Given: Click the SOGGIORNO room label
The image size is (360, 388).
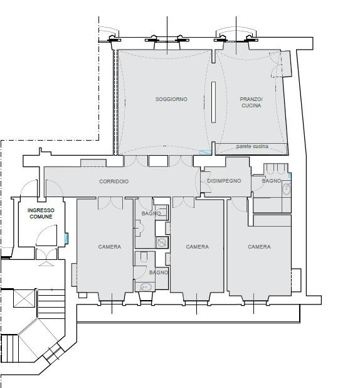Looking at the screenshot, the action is (171, 99).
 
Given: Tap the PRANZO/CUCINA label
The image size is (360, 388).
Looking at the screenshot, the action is (251, 102).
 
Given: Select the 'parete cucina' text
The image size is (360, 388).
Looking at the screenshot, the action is (252, 146).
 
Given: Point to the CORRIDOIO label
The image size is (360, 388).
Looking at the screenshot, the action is (114, 181).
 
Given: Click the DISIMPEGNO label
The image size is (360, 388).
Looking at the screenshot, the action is (224, 181).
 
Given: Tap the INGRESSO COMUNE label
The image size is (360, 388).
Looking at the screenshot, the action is (41, 213).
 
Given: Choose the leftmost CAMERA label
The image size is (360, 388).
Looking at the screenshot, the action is (110, 247).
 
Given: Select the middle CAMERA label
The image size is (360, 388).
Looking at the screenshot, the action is (198, 247).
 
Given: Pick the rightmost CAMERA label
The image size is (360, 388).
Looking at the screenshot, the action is (259, 247).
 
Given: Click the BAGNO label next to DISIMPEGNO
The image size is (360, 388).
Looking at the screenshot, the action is (272, 181).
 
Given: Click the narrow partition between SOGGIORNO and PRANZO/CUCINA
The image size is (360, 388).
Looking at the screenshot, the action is (213, 102).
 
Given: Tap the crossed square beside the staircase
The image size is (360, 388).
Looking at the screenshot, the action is (24, 299).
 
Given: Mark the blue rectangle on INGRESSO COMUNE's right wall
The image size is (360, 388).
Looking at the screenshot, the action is (66, 238).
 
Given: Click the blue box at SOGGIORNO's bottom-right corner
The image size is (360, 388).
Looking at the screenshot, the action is (205, 153).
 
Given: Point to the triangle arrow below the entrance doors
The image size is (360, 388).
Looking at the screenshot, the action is (46, 264).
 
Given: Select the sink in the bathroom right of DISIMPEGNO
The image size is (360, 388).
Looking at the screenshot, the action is (287, 188).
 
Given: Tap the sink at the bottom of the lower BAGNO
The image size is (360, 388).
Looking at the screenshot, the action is (146, 287).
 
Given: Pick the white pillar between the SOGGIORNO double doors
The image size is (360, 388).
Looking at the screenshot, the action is (158, 161).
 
